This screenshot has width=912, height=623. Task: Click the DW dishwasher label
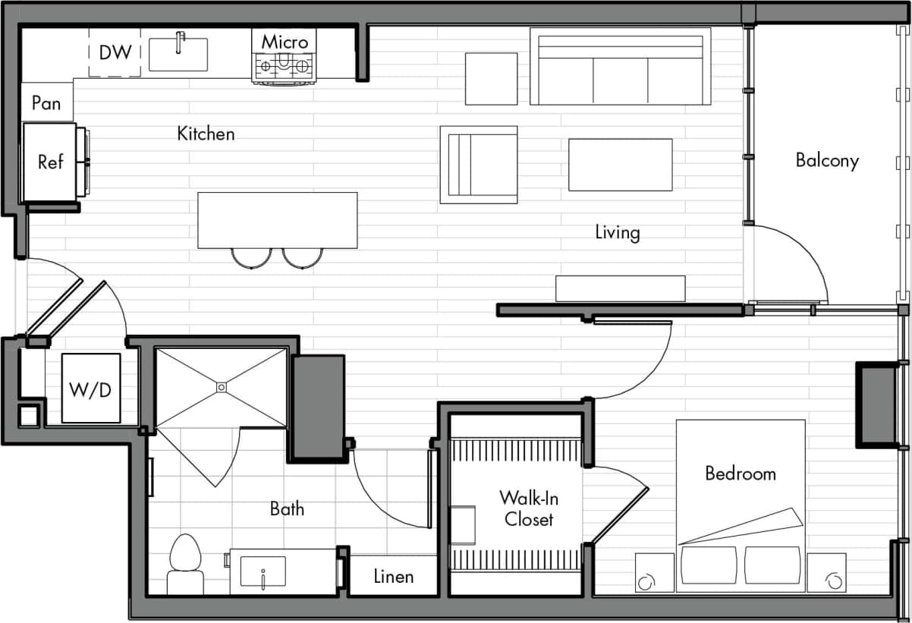pos(115,52)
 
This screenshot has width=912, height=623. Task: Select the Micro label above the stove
pos(285,42)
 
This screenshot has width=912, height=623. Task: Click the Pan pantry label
pos(46,102)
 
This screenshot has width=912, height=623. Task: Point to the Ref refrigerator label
pos(50,162)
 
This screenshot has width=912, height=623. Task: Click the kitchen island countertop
pos(277,219)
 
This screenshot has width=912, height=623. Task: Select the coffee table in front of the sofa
pos(620,165)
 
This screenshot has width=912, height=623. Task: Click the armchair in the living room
pos(479,165)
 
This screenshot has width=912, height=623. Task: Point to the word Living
pos(617,232)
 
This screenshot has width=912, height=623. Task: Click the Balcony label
pos(827,161)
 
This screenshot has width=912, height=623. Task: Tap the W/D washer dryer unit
pos(90,389)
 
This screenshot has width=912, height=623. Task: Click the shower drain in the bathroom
pos(221,387)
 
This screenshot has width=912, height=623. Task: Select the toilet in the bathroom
pos(185,563)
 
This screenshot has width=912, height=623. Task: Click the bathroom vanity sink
pos(263,571)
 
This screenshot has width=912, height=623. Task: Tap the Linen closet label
pos(394,577)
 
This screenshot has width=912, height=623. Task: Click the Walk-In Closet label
pos(529,508)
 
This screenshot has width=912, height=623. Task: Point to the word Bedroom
pos(741,474)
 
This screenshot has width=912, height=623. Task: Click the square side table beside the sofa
pos(491,78)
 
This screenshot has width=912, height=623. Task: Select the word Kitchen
pos(206,134)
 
